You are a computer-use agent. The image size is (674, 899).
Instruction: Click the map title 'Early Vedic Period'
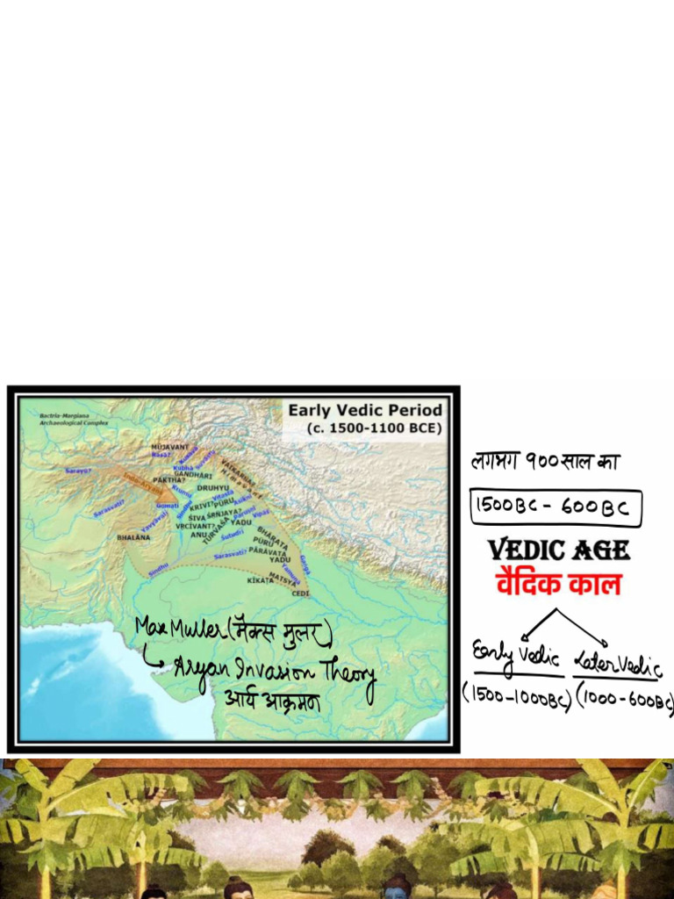pyautogui.click(x=365, y=410)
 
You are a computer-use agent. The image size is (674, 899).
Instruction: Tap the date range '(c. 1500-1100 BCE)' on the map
pyautogui.click(x=374, y=428)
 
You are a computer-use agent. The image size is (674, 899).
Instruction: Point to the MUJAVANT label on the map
pyautogui.click(x=169, y=447)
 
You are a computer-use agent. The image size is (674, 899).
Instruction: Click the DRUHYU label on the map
pyautogui.click(x=213, y=487)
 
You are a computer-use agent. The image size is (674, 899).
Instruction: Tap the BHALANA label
pyautogui.click(x=133, y=536)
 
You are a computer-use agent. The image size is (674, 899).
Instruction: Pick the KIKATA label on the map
pyautogui.click(x=261, y=580)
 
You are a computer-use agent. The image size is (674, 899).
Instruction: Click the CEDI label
pyautogui.click(x=301, y=593)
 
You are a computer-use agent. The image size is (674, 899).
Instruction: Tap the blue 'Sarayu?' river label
pyautogui.click(x=78, y=471)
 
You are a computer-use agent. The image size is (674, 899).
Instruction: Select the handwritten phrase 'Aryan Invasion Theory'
pyautogui.click(x=272, y=671)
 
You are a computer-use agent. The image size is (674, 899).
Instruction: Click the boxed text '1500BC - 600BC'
pyautogui.click(x=556, y=508)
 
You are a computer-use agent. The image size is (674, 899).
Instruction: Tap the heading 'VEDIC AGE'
pyautogui.click(x=558, y=550)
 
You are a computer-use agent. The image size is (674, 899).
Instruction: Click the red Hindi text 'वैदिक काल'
pyautogui.click(x=558, y=583)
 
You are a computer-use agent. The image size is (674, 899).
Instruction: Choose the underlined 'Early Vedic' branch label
pyautogui.click(x=516, y=656)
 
